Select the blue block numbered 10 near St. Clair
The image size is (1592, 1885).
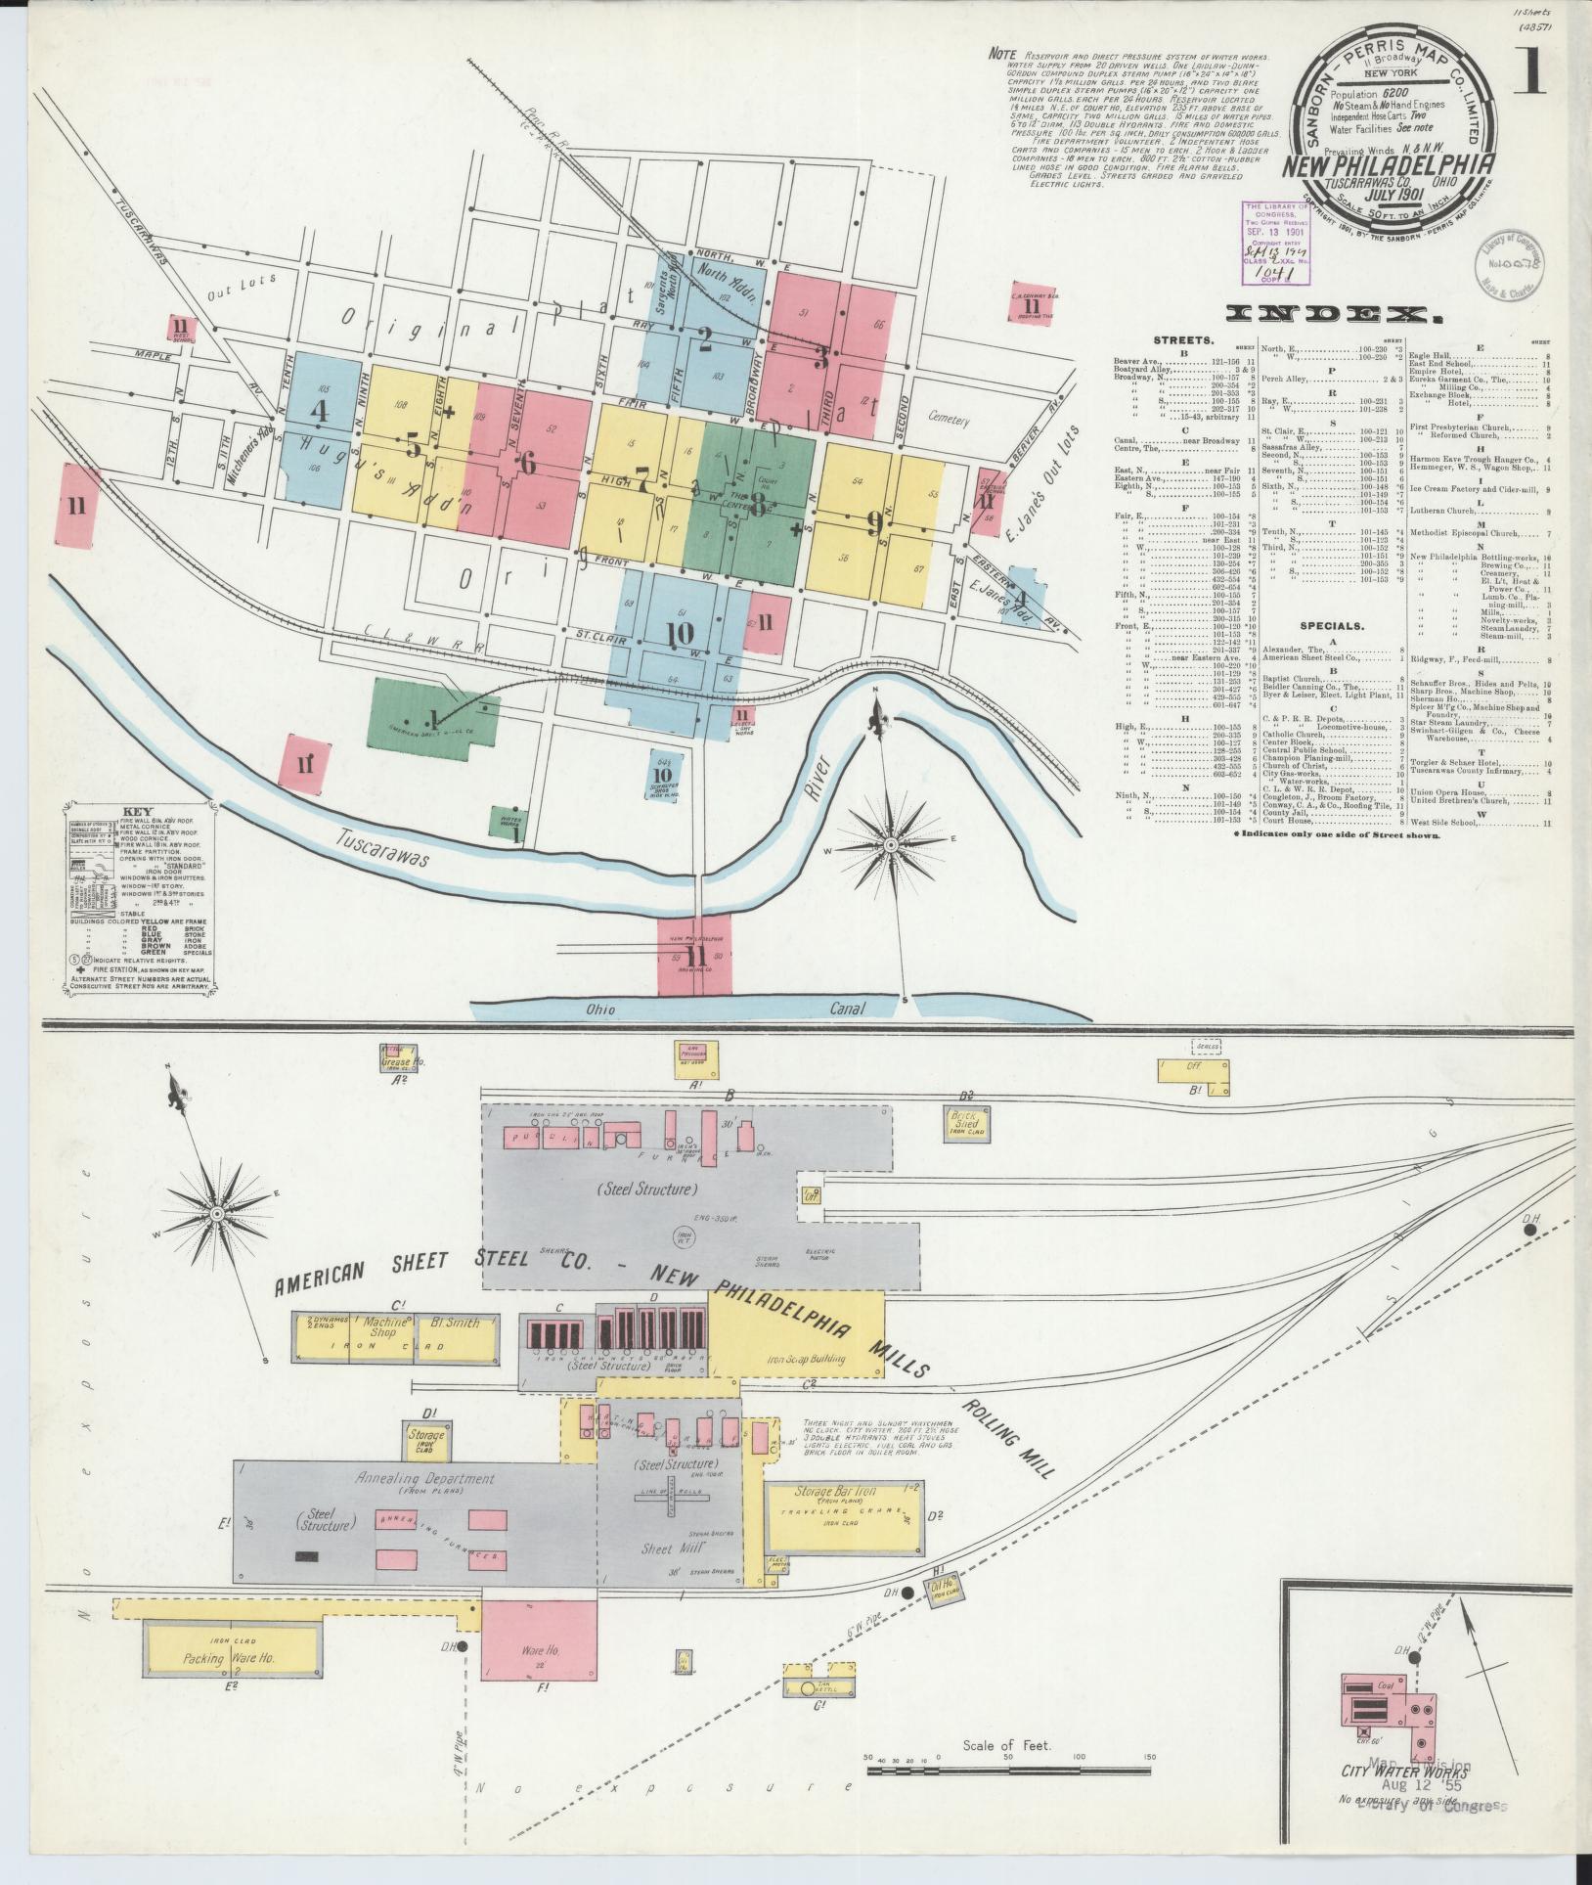click(x=679, y=633)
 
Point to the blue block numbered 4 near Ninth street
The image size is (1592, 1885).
click(x=319, y=411)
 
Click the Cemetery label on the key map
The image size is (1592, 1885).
click(x=950, y=420)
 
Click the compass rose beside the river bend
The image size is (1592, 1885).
click(x=892, y=843)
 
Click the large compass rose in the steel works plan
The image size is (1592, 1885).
click(x=217, y=1214)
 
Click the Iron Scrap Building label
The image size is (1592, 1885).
click(x=807, y=1359)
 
